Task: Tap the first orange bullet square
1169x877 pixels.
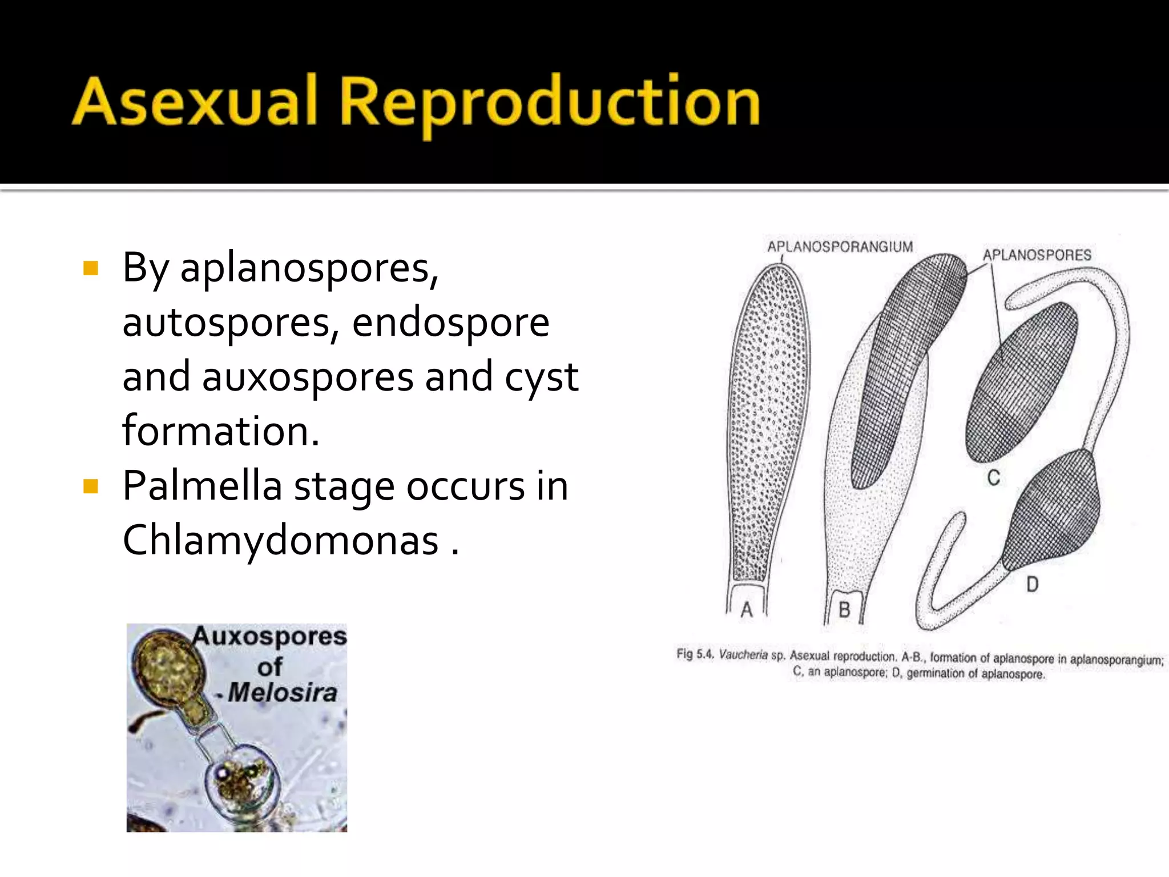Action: pos(91,268)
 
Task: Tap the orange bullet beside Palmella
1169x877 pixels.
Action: pos(91,486)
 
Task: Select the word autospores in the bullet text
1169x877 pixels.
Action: pos(225,323)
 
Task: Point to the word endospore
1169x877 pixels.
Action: pos(450,322)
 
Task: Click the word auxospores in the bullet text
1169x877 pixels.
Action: pos(308,378)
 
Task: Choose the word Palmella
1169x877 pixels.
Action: pos(202,486)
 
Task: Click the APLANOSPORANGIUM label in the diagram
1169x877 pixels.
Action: pos(840,247)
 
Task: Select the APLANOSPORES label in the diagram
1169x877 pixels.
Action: pos(1037,255)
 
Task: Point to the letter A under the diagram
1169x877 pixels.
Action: pos(747,610)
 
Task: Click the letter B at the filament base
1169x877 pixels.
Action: pos(844,610)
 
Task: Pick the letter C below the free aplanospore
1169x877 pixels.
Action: pos(994,477)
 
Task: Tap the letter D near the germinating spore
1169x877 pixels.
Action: pos(1032,584)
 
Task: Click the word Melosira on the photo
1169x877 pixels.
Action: pos(283,693)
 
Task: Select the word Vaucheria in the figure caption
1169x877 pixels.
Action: pos(743,654)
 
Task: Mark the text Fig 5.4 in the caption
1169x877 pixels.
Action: pos(695,654)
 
